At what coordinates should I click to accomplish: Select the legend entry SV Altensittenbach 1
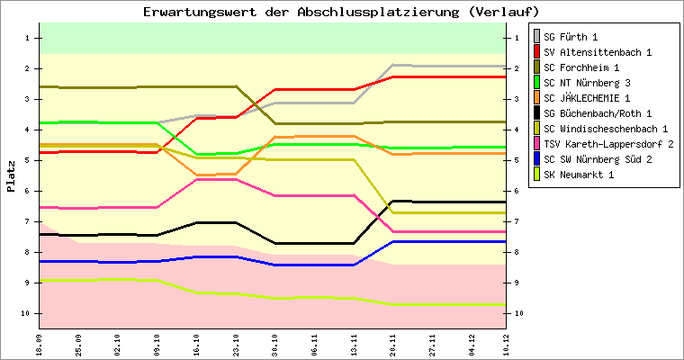(598, 52)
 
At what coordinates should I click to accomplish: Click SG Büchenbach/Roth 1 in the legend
(598, 113)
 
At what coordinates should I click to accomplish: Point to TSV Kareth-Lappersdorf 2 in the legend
(608, 144)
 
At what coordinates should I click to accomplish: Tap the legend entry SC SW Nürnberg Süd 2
(598, 159)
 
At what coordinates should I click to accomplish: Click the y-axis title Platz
(12, 176)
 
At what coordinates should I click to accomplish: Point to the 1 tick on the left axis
(28, 38)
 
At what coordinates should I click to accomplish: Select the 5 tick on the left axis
(28, 160)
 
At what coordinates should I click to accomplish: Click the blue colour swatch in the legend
(537, 159)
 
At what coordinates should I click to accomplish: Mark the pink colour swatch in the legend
(537, 144)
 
